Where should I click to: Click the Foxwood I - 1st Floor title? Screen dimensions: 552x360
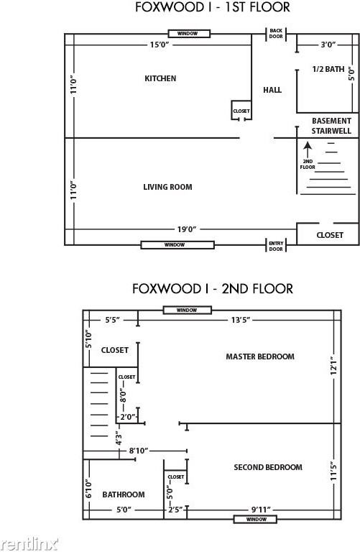(213, 8)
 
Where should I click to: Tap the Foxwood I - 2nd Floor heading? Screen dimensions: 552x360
(212, 288)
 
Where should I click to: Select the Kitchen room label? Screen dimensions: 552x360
(160, 78)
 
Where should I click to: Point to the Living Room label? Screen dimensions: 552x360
(167, 187)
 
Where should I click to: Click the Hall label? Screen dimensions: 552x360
(272, 90)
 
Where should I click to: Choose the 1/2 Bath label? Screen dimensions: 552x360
(328, 69)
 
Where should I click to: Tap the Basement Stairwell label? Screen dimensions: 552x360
(331, 126)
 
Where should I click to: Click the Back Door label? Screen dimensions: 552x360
(276, 34)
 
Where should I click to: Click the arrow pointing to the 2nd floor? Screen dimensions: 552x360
(308, 149)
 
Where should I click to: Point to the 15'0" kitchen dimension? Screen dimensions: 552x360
(160, 45)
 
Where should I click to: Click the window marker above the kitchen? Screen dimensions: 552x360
(189, 33)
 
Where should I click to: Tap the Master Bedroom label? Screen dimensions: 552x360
(260, 356)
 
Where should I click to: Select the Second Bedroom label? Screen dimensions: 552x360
(268, 467)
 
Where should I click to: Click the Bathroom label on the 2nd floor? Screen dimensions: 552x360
(123, 494)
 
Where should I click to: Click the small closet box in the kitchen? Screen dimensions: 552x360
(241, 110)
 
